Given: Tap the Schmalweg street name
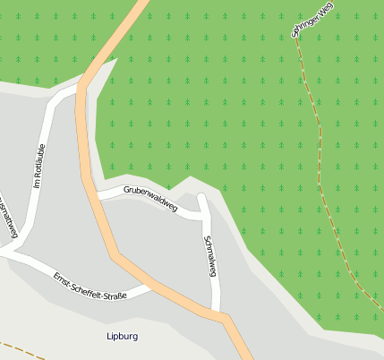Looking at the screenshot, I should pos(210,256).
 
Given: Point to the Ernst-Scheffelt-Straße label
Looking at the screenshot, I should pos(90,286).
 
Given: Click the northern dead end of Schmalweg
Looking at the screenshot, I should pos(202,196).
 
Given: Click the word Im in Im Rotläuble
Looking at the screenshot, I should pos(35,183).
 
